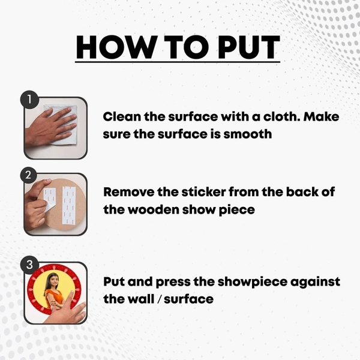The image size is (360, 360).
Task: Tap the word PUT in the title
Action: coord(249,47)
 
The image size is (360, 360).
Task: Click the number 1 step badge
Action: coord(29,100)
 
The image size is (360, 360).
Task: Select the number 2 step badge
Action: coord(28,175)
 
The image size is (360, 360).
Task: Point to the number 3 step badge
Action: coord(29,265)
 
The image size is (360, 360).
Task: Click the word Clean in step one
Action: coord(122,116)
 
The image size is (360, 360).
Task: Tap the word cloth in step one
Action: coord(281,116)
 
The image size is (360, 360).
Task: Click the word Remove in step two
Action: coord(129,192)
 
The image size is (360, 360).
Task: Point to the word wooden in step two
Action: coord(154,209)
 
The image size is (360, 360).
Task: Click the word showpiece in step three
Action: coord(252,283)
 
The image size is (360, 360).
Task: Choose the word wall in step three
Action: coord(141,299)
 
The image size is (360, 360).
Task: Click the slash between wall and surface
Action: coord(159,299)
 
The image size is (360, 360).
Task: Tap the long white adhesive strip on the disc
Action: coord(69,205)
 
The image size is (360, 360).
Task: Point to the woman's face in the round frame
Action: coord(53,281)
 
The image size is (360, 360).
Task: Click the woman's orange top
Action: coord(53,298)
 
